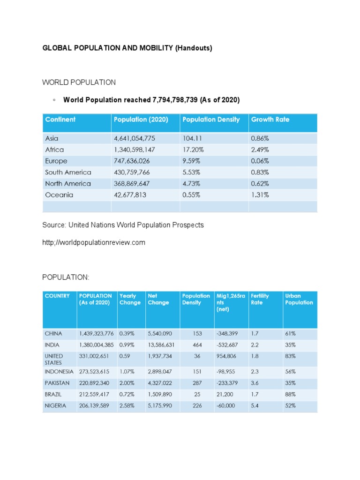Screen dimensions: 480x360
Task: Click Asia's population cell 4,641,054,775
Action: pyautogui.click(x=134, y=139)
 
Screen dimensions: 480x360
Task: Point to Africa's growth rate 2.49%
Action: pyautogui.click(x=260, y=150)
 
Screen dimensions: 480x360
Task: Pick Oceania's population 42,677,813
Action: pyautogui.click(x=130, y=195)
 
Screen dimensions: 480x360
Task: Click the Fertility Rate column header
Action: pyautogui.click(x=260, y=299)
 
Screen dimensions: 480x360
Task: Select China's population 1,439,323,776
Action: pyautogui.click(x=97, y=334)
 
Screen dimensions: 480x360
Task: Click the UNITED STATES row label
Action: pyautogui.click(x=53, y=359)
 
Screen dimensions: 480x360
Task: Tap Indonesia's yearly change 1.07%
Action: pyautogui.click(x=127, y=372)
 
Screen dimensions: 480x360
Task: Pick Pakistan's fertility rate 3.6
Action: pyautogui.click(x=255, y=383)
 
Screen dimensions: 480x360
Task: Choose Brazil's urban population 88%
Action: pyautogui.click(x=290, y=394)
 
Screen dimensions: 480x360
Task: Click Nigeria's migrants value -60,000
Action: pyautogui.click(x=225, y=405)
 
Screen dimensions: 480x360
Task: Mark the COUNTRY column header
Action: pyautogui.click(x=57, y=296)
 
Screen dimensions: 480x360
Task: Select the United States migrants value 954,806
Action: pyautogui.click(x=226, y=356)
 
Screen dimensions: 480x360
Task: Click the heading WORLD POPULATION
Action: pyautogui.click(x=79, y=82)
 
